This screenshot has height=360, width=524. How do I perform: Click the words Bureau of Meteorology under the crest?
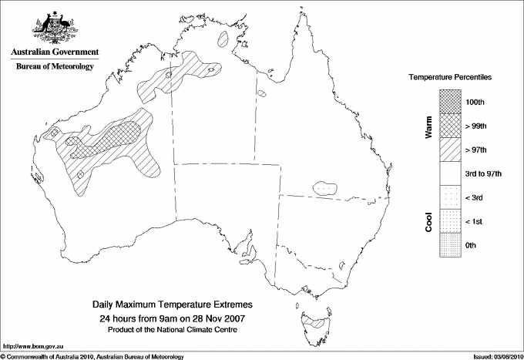tap(54, 66)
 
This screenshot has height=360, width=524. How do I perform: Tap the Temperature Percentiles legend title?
tap(450, 79)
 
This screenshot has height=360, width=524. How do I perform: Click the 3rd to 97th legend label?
tap(483, 174)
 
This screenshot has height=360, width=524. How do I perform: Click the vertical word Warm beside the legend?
tap(429, 128)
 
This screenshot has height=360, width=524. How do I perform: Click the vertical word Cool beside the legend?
tap(429, 220)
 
